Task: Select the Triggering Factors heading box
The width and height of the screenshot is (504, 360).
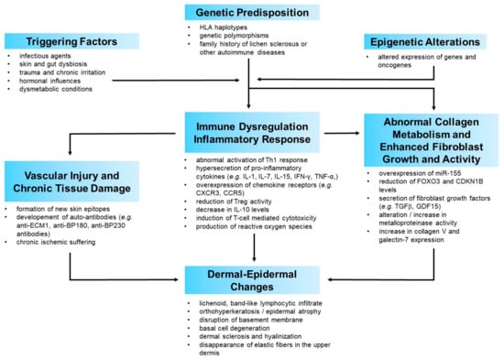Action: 72,42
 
